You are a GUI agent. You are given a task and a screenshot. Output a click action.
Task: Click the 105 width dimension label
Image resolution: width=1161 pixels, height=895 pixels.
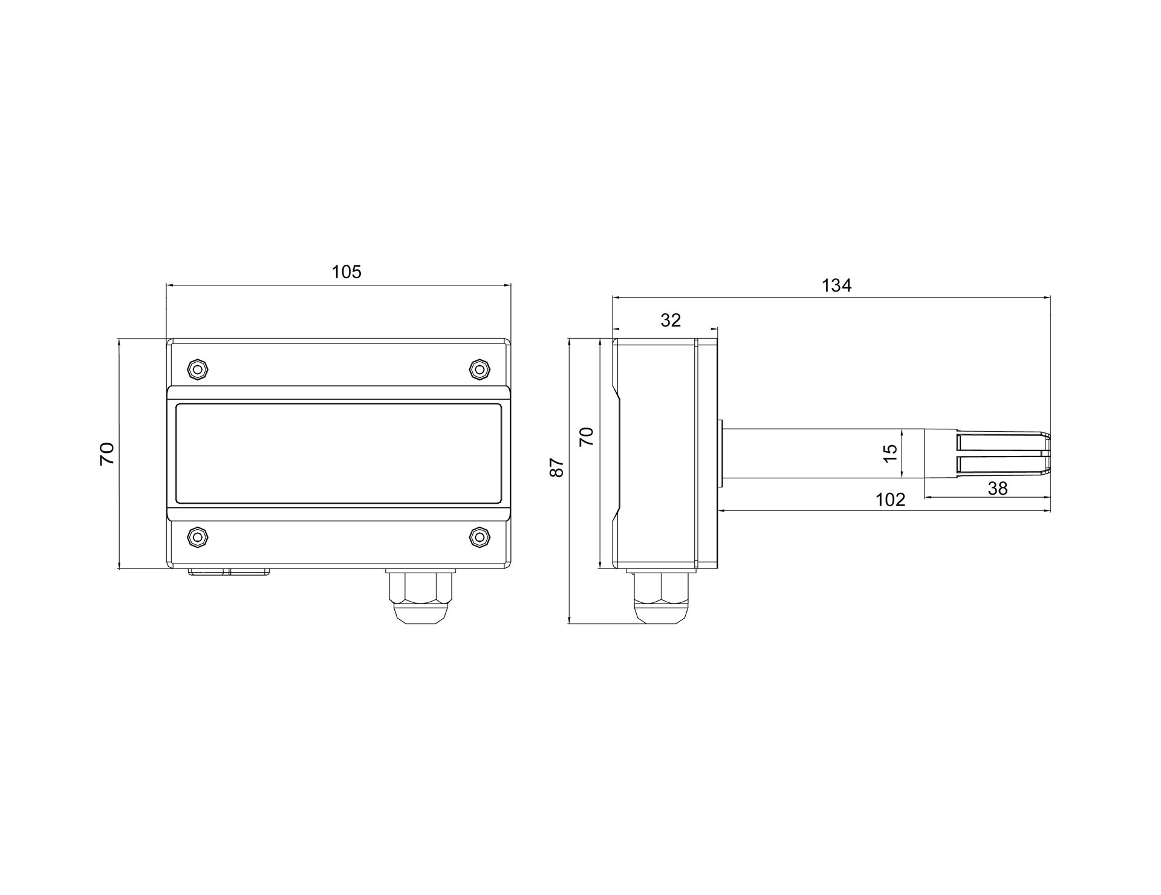346,272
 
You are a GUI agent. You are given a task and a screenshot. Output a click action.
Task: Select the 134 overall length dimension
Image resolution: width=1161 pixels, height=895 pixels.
836,285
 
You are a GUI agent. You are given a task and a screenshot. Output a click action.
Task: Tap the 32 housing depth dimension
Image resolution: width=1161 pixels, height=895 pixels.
671,320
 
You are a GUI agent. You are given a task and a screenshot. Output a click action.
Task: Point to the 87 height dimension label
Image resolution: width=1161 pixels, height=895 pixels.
557,468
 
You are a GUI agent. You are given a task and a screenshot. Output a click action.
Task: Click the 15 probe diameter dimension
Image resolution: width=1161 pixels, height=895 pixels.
890,454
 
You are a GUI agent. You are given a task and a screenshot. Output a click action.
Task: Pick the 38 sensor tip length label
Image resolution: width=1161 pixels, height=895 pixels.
997,489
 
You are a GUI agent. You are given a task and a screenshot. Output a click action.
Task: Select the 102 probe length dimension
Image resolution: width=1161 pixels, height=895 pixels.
891,500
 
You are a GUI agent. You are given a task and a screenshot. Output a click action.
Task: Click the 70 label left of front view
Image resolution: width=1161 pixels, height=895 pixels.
107,454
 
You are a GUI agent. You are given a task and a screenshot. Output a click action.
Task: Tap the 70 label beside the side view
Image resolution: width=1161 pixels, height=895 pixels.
587,436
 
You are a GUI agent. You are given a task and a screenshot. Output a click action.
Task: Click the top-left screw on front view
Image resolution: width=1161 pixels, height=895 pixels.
198,369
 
